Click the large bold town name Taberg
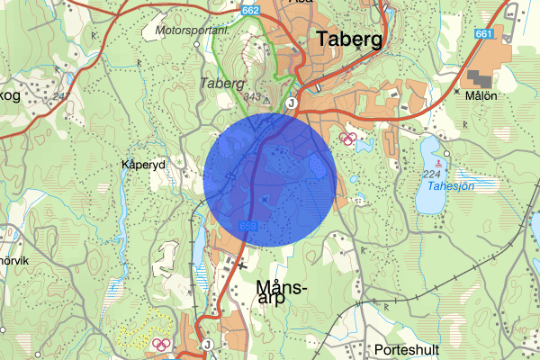click(350, 39)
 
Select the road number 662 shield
click(252, 9)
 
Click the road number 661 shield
click(484, 33)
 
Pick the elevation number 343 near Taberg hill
click(252, 97)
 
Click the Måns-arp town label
click(282, 292)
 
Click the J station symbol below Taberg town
click(292, 104)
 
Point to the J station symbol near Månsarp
click(207, 345)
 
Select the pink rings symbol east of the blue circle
click(348, 139)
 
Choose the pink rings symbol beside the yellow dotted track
click(161, 343)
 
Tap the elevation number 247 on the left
click(62, 96)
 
